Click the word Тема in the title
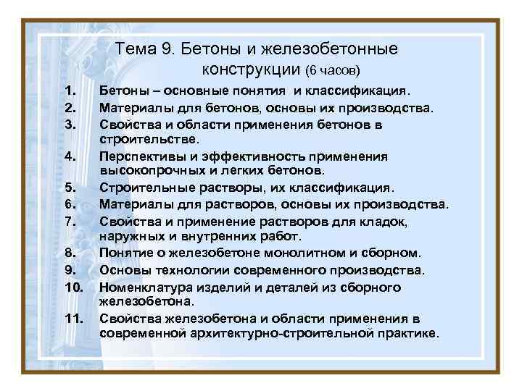click(x=136, y=49)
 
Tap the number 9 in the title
click(x=169, y=49)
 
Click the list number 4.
click(x=70, y=156)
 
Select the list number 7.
click(x=70, y=220)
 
